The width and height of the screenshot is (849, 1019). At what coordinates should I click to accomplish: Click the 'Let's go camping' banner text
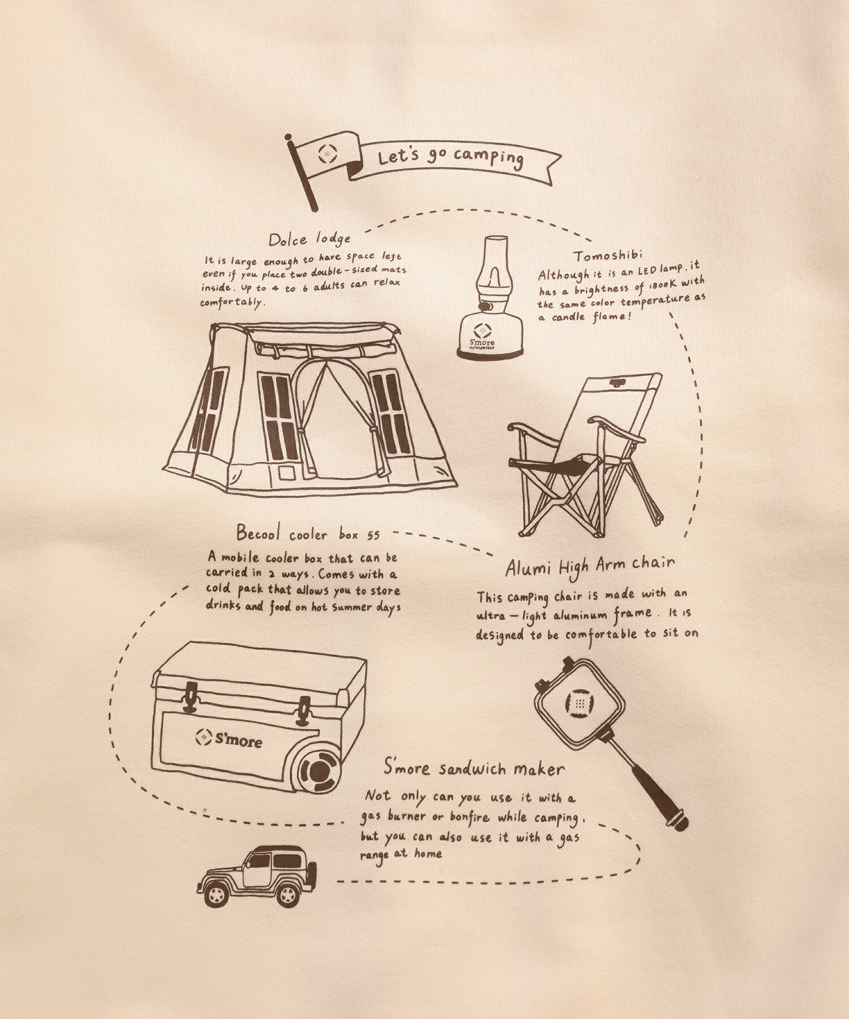[450, 157]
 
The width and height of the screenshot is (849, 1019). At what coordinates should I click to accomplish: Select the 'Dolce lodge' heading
[310, 238]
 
